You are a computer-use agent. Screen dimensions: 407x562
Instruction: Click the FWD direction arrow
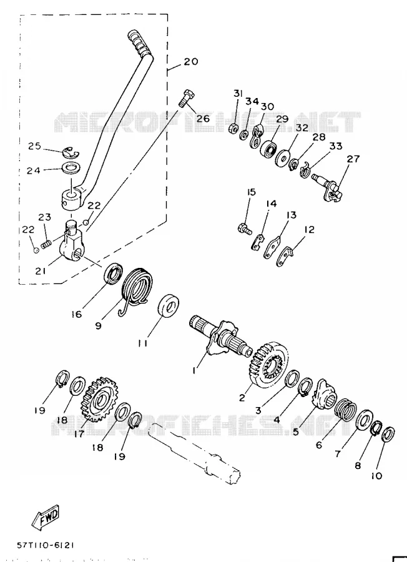point(45,518)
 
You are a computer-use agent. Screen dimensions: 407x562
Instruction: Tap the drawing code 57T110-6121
point(46,545)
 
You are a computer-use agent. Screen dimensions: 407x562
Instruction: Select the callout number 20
point(191,61)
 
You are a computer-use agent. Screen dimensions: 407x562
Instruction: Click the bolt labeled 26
point(187,97)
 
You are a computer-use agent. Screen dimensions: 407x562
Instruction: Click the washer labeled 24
point(72,168)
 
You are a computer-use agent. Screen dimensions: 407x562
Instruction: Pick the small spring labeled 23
point(46,245)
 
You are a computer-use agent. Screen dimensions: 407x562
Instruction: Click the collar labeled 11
point(169,306)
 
